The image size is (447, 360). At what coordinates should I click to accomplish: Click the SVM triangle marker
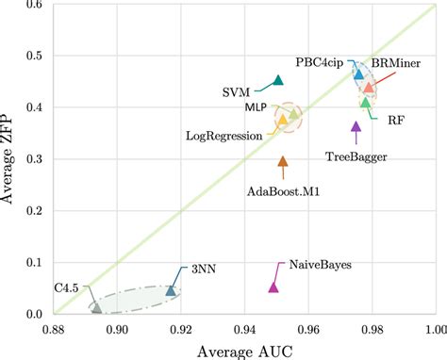277,81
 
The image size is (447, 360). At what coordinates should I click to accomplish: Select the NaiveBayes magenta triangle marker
273,286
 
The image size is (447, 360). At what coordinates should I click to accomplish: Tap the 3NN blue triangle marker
171,290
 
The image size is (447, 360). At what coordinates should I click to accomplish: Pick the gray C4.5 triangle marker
96,307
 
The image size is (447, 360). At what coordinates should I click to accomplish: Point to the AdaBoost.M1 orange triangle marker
283,162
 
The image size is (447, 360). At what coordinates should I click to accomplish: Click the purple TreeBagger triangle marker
356,126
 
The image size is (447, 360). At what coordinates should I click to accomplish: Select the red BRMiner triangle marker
369,88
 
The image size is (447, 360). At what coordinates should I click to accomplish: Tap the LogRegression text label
224,137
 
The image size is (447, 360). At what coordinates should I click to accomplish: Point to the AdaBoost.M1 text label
283,191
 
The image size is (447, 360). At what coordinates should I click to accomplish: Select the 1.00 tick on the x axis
435,332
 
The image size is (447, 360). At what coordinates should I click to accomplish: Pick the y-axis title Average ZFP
11,160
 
